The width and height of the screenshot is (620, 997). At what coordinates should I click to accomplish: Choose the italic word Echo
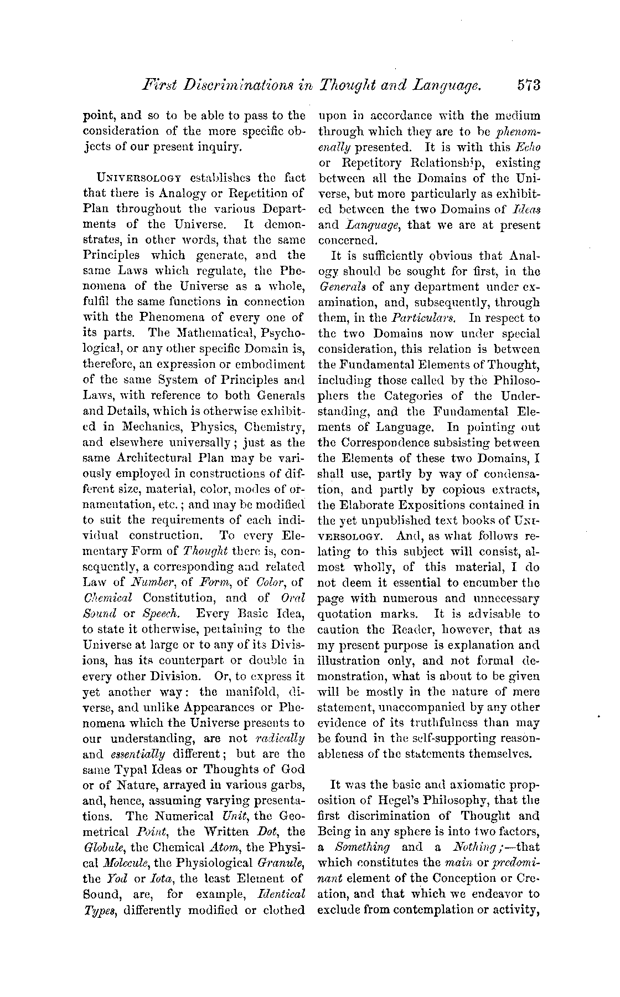click(x=528, y=147)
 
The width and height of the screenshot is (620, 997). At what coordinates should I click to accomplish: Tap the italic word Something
click(x=363, y=847)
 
